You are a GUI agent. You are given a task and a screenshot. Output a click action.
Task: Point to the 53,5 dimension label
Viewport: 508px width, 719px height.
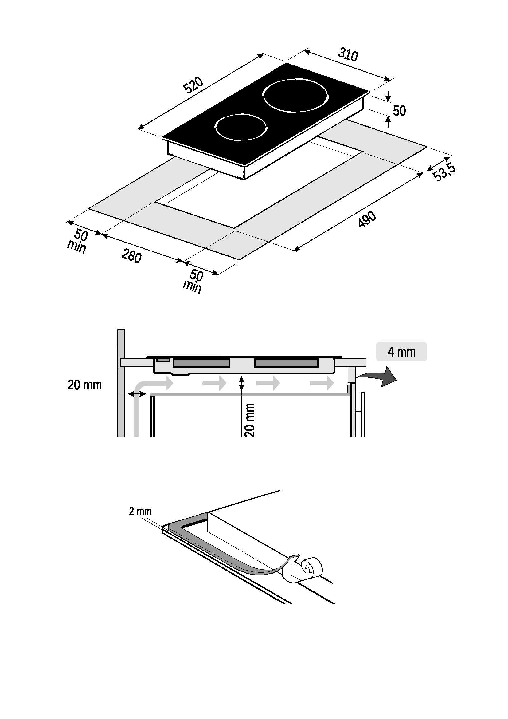[x=444, y=172]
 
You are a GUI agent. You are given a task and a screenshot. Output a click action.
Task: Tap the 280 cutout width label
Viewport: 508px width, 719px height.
[x=131, y=256]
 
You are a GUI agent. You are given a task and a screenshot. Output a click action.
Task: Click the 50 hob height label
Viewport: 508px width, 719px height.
[x=399, y=111]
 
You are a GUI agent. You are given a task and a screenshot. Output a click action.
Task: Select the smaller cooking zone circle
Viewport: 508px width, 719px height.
[x=241, y=127]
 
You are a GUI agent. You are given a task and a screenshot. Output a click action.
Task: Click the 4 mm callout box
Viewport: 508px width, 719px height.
[x=402, y=352]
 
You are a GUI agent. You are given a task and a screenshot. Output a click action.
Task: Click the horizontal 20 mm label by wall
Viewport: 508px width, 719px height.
[x=84, y=385]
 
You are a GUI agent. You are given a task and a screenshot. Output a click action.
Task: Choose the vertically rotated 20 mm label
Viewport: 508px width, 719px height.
[x=250, y=420]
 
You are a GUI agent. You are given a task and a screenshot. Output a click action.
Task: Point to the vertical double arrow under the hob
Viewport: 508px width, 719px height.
[x=241, y=383]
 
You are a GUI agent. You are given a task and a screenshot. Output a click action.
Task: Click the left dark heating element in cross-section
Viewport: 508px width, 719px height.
[x=201, y=363]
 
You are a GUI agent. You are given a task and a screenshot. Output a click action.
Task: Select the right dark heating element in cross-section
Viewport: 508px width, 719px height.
[x=286, y=363]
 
